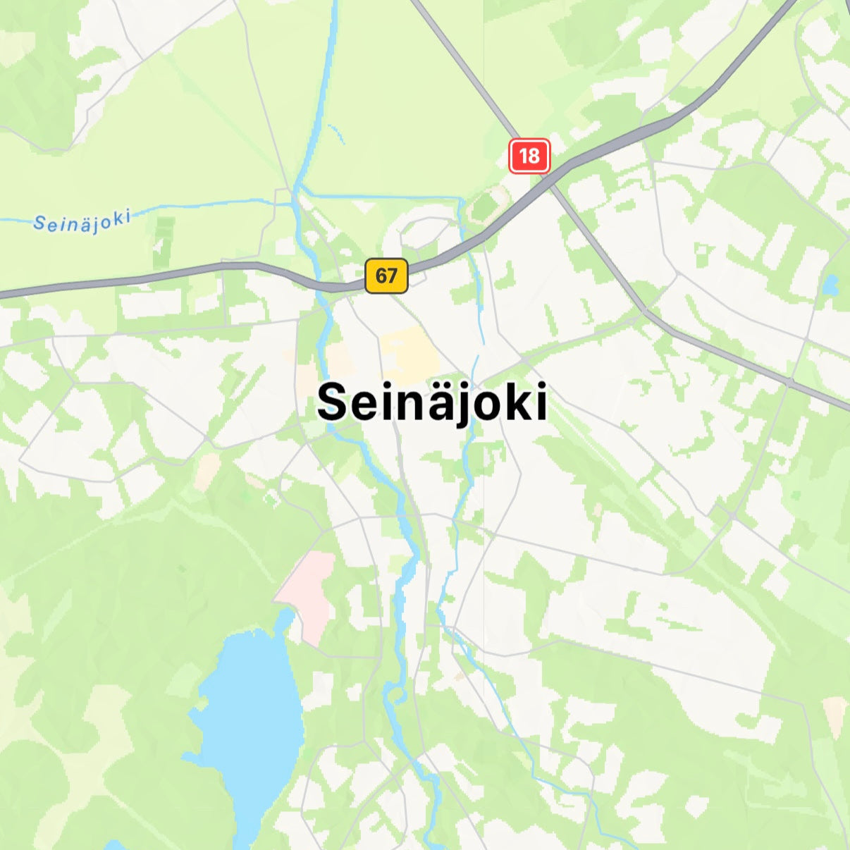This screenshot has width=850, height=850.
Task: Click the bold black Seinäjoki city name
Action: point(432,403)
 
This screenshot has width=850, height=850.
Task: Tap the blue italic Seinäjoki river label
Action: point(82,222)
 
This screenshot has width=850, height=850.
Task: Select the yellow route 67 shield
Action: point(386,275)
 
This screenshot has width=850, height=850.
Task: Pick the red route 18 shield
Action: point(529,155)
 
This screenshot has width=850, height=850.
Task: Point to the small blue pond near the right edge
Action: point(831,285)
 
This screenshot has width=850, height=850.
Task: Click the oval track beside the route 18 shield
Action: point(486,205)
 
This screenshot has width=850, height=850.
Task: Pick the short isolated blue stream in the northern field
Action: point(336,134)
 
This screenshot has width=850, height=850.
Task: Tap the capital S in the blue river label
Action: point(40,225)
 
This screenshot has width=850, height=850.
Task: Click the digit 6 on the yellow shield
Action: point(381,275)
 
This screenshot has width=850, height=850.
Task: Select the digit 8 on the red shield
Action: point(535,155)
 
